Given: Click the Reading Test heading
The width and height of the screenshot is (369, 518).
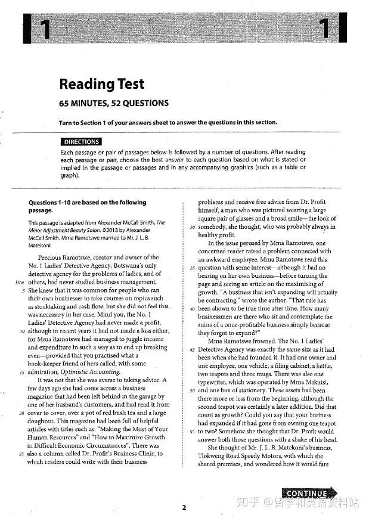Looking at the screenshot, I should click(101, 84).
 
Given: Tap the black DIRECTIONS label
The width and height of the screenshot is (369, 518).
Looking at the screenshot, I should click(81, 142).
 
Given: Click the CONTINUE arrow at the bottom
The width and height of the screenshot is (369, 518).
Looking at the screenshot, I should click(307, 493).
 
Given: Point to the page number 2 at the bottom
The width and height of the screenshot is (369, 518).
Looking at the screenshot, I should click(184, 507).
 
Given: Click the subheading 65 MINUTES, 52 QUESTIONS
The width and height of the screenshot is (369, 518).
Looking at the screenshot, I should click(113, 103).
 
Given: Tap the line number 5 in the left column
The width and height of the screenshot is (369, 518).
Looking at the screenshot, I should click(22, 290).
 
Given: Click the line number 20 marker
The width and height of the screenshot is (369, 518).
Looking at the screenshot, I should click(21, 411).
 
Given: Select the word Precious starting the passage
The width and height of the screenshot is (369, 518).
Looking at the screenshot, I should click(52, 258).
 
